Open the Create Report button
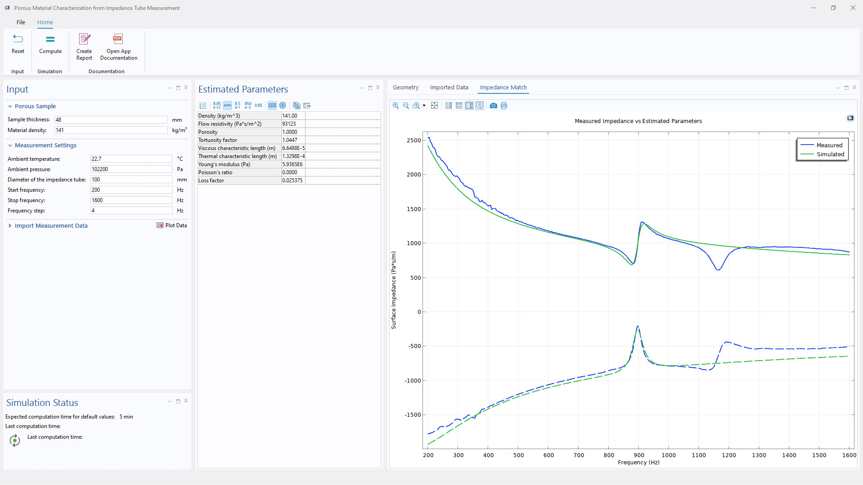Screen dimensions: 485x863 click(x=84, y=46)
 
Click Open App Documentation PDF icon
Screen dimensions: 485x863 click(x=118, y=39)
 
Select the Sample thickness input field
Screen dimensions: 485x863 click(x=111, y=120)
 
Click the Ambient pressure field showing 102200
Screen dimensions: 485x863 click(x=131, y=169)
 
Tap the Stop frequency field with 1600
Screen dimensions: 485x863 click(x=131, y=200)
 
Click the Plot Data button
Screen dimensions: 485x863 click(x=172, y=225)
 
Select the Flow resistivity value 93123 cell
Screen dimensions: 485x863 click(x=293, y=124)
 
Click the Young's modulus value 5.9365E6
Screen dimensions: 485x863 click(x=293, y=164)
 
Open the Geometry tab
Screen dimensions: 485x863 click(x=405, y=88)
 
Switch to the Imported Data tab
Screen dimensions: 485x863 click(x=449, y=88)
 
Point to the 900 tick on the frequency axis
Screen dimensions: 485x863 click(x=639, y=455)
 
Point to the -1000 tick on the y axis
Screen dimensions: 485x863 click(x=413, y=381)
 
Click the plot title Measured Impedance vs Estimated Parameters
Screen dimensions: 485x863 click(x=638, y=121)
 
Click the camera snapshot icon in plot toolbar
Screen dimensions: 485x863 click(x=493, y=106)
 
